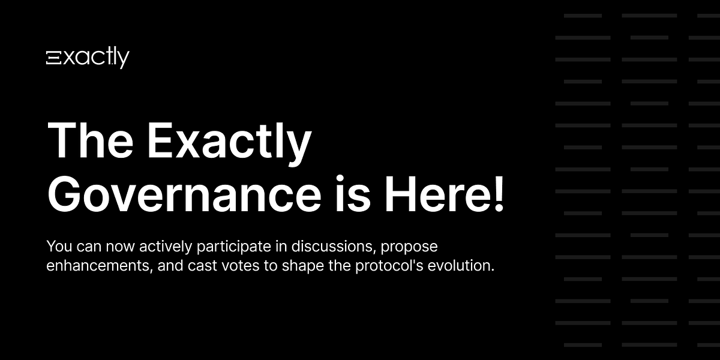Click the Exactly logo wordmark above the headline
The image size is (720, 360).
click(88, 58)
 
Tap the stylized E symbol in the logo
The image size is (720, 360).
click(52, 58)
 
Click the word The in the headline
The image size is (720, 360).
click(91, 142)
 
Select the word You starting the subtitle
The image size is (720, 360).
click(58, 246)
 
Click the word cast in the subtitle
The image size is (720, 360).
click(199, 265)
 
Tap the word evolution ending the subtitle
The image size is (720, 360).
click(468, 265)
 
